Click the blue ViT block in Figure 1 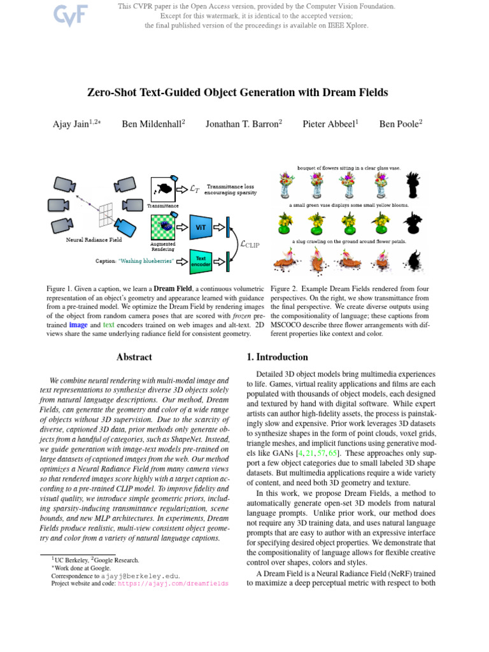point(201,226)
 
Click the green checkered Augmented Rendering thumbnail point(164,226)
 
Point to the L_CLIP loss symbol point(249,243)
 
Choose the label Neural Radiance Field point(94,240)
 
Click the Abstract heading point(134,357)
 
